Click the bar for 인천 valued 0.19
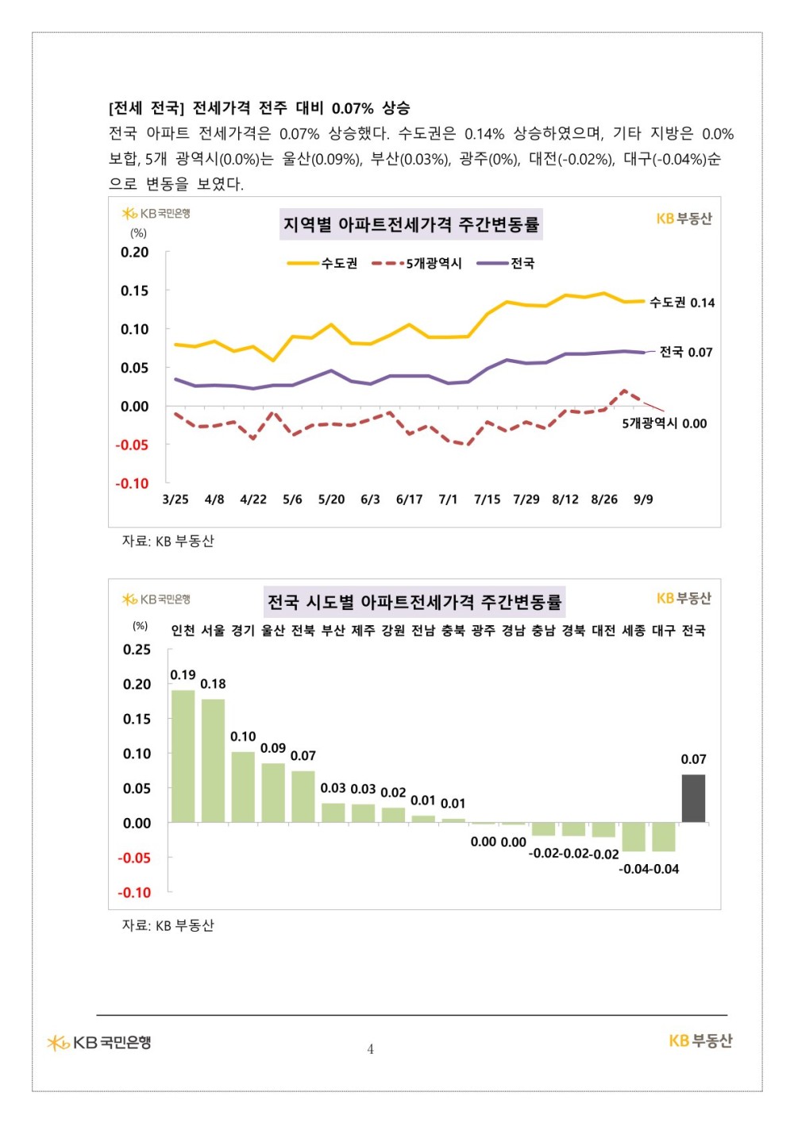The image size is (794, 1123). tap(183, 755)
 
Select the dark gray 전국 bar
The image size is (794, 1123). tap(693, 798)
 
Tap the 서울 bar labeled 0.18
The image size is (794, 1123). tap(213, 760)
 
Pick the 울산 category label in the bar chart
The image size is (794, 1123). tap(272, 631)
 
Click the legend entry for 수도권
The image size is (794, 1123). tap(323, 263)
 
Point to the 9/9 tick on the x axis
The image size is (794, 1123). tap(643, 500)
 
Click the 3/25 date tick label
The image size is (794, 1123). tap(175, 500)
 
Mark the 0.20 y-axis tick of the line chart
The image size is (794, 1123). tap(134, 253)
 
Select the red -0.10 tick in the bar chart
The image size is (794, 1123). tap(134, 893)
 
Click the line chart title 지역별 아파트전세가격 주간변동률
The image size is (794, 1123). tap(411, 225)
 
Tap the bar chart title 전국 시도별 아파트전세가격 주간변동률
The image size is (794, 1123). tap(414, 602)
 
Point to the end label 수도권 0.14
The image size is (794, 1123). tap(682, 303)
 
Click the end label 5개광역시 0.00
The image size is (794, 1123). tap(664, 423)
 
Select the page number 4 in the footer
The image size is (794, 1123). tap(371, 1049)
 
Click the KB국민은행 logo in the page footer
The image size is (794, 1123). tap(99, 1042)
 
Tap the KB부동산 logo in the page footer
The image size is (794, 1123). tap(700, 1041)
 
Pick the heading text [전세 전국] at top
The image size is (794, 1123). tap(146, 108)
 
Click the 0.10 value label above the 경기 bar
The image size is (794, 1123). tap(243, 737)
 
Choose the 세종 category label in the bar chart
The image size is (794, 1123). tap(633, 631)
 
